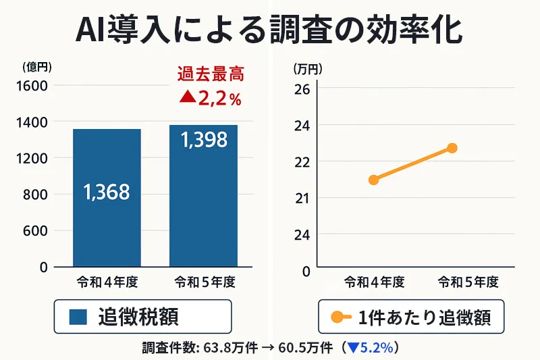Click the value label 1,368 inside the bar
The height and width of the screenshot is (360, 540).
click(x=107, y=192)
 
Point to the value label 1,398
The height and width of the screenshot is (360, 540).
click(x=203, y=140)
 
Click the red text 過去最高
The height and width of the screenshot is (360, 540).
click(x=209, y=74)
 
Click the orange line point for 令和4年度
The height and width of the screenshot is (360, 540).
click(x=373, y=180)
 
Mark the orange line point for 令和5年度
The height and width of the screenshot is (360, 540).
click(x=452, y=148)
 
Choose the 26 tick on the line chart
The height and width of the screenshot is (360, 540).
click(x=302, y=88)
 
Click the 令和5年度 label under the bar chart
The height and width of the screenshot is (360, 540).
click(x=203, y=280)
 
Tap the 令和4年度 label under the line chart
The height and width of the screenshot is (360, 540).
click(x=374, y=281)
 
